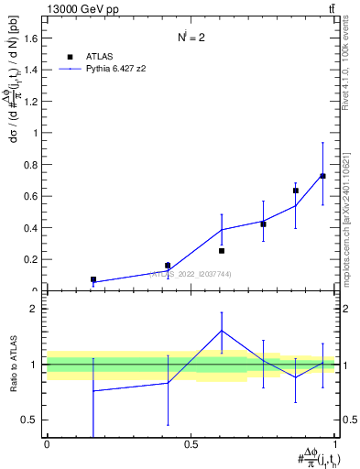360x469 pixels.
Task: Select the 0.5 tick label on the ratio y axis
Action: (x=30, y=420)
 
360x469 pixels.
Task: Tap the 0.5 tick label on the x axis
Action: (x=191, y=444)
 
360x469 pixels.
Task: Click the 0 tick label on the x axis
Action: (x=47, y=444)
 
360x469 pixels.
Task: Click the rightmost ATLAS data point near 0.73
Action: (x=322, y=176)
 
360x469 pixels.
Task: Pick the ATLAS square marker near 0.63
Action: (x=295, y=191)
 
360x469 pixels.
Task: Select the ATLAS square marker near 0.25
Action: (x=222, y=250)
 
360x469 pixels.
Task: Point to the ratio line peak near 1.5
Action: (x=222, y=331)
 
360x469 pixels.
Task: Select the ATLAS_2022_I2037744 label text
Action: (x=184, y=274)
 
